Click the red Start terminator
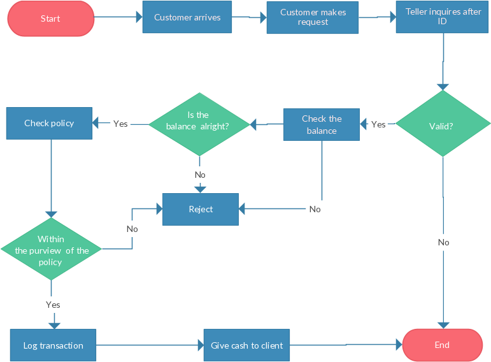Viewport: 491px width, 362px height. pyautogui.click(x=50, y=18)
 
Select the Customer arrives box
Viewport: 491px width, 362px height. pyautogui.click(x=187, y=17)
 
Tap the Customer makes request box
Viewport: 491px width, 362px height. pyautogui.click(x=313, y=17)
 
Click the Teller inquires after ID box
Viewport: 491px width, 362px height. pyautogui.click(x=443, y=17)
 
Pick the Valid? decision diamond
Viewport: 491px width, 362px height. pyautogui.click(x=441, y=125)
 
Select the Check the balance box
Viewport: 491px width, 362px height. pyautogui.click(x=322, y=124)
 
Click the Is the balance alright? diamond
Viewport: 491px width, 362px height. pyautogui.click(x=199, y=124)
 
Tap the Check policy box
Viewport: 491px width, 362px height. pyautogui.click(x=49, y=123)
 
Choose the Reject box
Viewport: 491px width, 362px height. pyautogui.click(x=201, y=210)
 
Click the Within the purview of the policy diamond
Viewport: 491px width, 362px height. pyautogui.click(x=51, y=249)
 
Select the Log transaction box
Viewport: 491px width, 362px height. pyautogui.click(x=53, y=345)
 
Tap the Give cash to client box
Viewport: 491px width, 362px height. pyautogui.click(x=247, y=345)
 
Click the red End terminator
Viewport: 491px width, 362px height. pyautogui.click(x=442, y=345)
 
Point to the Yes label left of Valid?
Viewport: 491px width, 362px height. pyautogui.click(x=378, y=124)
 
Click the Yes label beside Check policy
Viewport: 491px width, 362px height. pyautogui.click(x=120, y=124)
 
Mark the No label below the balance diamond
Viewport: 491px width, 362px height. pyautogui.click(x=200, y=175)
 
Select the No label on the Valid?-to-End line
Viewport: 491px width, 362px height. pyautogui.click(x=443, y=242)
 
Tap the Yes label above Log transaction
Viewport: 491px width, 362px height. pyautogui.click(x=53, y=305)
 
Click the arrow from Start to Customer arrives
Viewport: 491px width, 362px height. pyautogui.click(x=118, y=18)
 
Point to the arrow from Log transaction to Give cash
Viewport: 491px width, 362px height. pyautogui.click(x=150, y=345)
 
